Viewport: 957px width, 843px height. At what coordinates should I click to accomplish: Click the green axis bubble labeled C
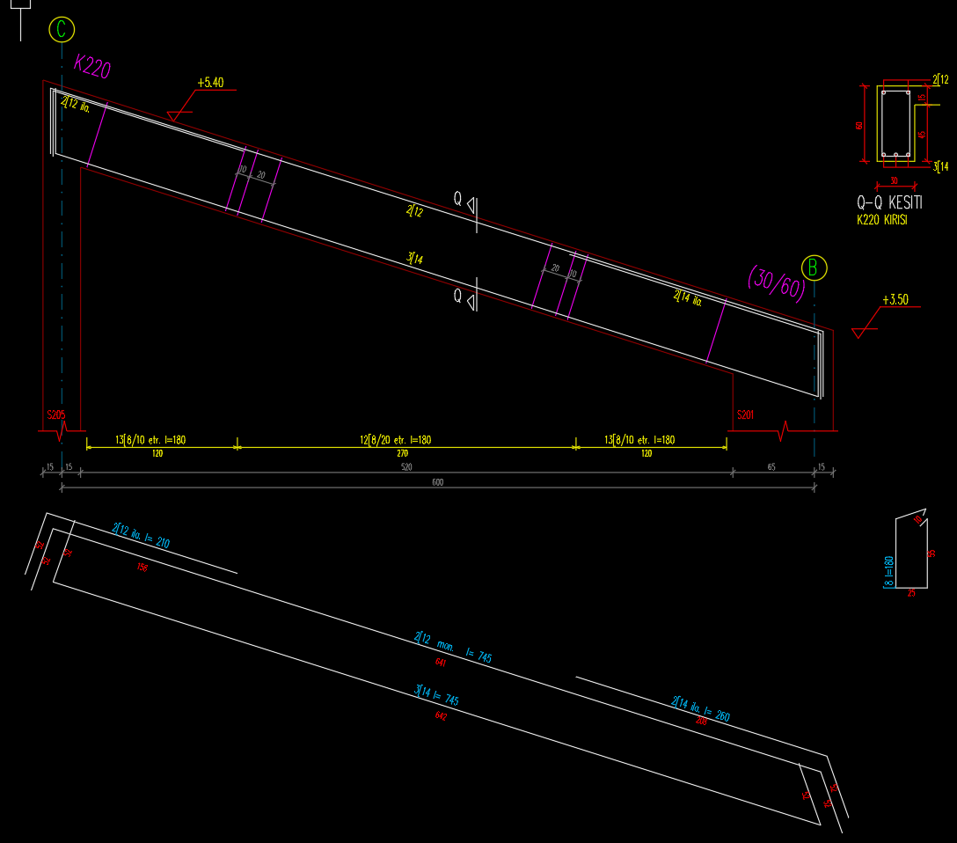(x=61, y=29)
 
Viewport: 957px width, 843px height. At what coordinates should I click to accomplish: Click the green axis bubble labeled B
(x=815, y=268)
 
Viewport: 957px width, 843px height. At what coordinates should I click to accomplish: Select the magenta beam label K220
(x=92, y=66)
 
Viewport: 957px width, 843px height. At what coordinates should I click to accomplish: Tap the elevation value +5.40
(x=210, y=83)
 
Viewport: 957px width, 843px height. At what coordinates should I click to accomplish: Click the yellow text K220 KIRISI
(x=881, y=220)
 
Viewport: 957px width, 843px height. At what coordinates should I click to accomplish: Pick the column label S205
(x=56, y=414)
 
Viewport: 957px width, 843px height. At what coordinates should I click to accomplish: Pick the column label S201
(x=746, y=414)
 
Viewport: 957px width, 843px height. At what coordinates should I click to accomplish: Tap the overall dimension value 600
(x=437, y=482)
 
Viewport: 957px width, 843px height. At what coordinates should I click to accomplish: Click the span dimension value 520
(x=406, y=468)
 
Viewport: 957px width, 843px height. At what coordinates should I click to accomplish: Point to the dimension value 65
(x=771, y=468)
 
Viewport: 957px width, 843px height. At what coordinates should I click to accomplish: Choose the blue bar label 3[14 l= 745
(x=438, y=696)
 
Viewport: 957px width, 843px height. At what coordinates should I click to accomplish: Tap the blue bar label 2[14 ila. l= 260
(x=700, y=709)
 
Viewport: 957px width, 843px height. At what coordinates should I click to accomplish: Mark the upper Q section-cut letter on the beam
(x=457, y=199)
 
